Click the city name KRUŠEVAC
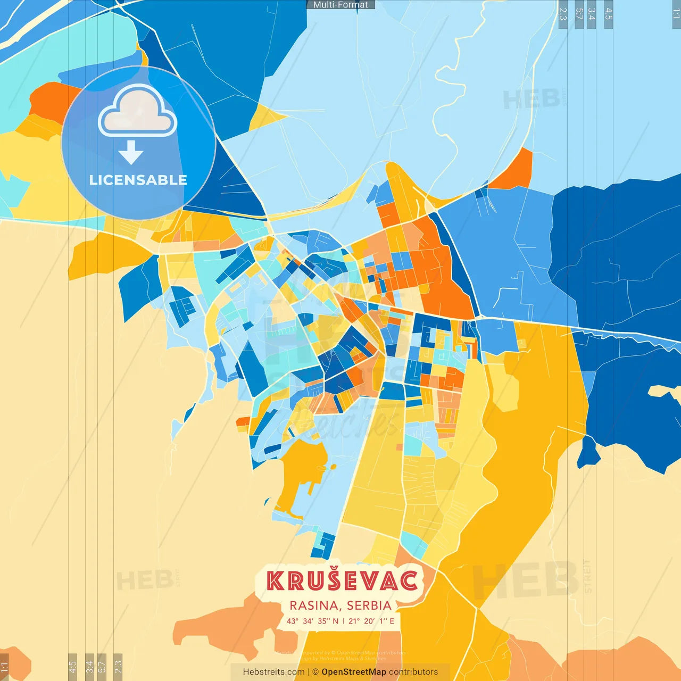[342, 580]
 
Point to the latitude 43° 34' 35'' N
[312, 621]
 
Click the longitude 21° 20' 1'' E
[371, 621]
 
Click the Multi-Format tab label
[340, 5]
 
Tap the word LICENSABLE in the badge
[138, 180]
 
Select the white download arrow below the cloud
[131, 152]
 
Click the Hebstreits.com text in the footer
[273, 672]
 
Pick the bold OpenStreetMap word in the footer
[354, 672]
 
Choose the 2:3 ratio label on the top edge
[563, 14]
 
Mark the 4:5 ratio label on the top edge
[609, 14]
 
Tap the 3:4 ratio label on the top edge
[591, 14]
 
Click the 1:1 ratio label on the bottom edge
[4, 667]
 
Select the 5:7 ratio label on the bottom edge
[102, 667]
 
